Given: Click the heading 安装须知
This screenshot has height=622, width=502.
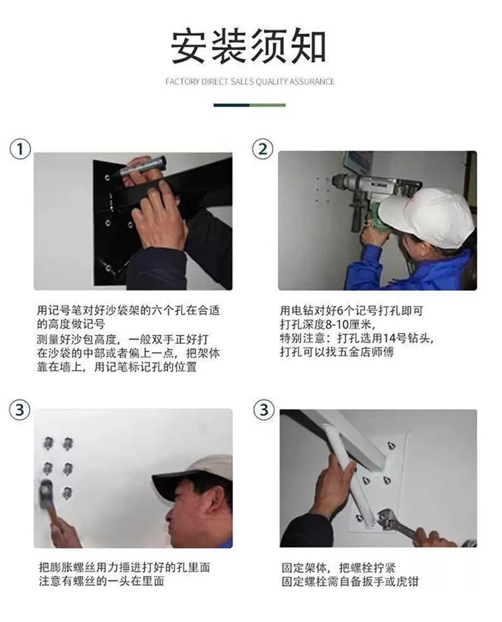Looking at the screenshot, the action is [248, 46].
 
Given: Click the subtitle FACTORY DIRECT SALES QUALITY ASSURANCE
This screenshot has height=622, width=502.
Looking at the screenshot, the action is [250, 82].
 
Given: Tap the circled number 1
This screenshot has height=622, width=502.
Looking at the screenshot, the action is [20, 149].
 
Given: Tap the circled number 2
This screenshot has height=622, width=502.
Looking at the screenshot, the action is [263, 149].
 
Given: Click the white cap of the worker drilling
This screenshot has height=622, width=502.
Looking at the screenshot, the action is [425, 214].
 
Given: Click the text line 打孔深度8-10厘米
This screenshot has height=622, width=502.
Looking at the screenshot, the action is [327, 325].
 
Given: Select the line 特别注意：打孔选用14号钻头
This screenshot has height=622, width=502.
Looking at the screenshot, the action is [356, 339].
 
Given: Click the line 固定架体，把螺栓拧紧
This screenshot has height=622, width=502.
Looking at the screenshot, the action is [339, 568].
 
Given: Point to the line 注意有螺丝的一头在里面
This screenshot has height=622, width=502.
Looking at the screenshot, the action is [102, 582].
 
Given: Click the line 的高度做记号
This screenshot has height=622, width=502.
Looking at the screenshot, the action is [71, 325].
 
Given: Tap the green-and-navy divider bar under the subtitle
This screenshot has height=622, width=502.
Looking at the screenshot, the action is [250, 105].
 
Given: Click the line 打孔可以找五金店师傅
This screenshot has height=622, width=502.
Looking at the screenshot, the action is [337, 352].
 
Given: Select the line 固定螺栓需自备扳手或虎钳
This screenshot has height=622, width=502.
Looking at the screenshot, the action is [350, 582].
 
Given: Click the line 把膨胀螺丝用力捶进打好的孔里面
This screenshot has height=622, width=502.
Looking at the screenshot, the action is [124, 568].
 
